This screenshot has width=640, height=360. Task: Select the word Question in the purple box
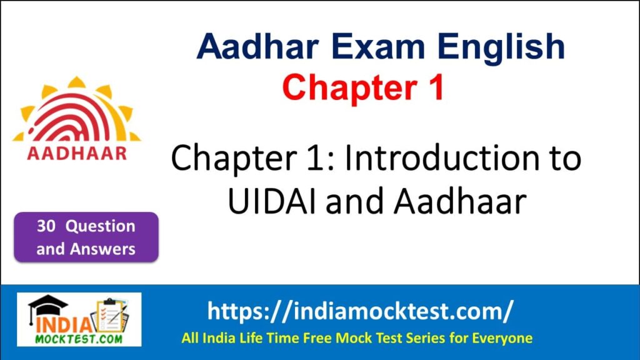101,226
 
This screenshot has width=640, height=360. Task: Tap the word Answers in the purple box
102,249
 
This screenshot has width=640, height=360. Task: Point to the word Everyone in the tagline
504,339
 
